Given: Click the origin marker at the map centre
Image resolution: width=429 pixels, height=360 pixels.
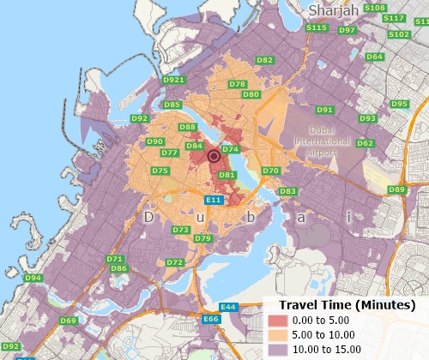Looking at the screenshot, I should (x=214, y=156).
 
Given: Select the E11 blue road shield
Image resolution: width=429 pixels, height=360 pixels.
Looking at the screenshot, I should (x=214, y=200).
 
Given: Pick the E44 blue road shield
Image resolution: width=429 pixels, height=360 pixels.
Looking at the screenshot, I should (x=228, y=307).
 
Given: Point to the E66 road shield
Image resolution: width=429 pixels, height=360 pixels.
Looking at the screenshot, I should (x=211, y=320).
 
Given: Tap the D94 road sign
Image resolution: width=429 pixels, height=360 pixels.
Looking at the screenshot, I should (x=33, y=278).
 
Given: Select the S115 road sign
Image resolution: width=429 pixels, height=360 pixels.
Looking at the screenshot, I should (x=317, y=27).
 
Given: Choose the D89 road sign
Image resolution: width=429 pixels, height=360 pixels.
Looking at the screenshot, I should (x=396, y=189).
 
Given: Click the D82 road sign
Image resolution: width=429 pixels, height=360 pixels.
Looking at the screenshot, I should (x=265, y=60).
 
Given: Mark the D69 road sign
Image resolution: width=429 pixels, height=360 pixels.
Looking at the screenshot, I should (x=69, y=321).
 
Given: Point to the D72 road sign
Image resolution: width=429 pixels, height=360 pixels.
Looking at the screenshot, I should (x=175, y=262).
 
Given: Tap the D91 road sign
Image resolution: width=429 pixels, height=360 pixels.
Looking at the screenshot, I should (x=324, y=110).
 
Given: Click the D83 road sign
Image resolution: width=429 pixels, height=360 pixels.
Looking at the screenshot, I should (x=288, y=191).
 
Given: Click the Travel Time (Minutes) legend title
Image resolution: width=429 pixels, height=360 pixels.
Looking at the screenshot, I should (x=341, y=305).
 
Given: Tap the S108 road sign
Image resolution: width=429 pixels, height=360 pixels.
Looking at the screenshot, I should (x=375, y=8).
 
